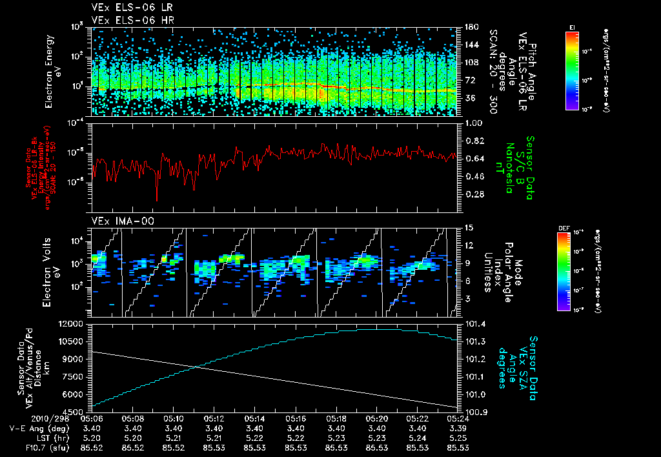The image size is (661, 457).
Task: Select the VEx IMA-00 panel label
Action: point(118,221)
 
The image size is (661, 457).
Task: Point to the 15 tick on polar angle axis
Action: point(465,228)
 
